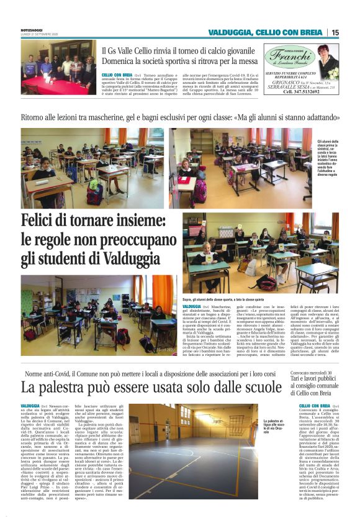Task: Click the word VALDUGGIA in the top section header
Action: [230, 32]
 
